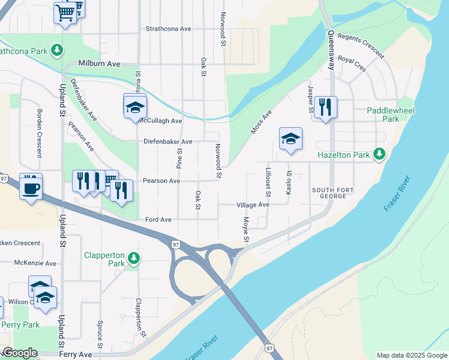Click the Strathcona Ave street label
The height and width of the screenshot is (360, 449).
pos(169,29)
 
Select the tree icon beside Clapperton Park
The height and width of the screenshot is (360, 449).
pos(134,259)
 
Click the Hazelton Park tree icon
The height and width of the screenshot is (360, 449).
pos(379,155)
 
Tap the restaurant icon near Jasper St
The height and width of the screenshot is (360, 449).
pos(325,108)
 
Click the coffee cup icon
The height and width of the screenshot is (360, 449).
pos(31,188)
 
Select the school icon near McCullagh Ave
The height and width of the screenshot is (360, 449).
pos(135,108)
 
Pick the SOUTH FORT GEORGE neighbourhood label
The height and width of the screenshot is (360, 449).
pos(330,193)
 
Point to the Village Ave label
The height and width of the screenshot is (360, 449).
pos(253,205)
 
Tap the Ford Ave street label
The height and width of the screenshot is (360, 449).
pos(158,220)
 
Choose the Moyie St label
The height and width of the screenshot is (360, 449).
pos(246,231)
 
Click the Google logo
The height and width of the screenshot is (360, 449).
pos(20,353)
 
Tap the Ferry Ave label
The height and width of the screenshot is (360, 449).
pos(76,355)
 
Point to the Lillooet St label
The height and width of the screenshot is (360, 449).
pos(268,181)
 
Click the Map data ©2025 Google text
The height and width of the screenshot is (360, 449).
pos(412,355)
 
